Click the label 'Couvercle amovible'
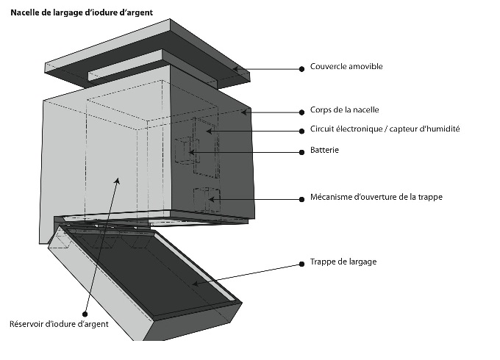tap(346, 67)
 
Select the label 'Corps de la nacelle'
tap(345, 110)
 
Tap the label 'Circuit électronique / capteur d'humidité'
tap(385, 129)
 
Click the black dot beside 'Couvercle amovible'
tap(301, 68)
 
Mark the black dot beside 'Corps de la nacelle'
tap(301, 112)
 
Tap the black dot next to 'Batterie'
tap(301, 152)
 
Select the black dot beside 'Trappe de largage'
tap(301, 262)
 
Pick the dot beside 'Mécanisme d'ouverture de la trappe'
tap(301, 198)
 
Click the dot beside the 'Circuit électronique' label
tap(301, 131)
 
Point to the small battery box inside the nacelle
tap(182, 151)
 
